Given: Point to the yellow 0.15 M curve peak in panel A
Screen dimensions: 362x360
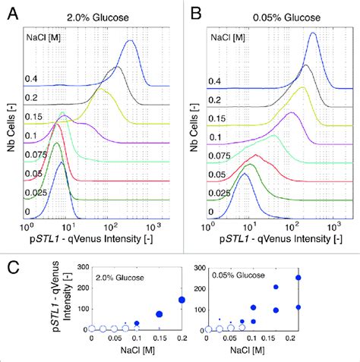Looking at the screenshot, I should click(x=100, y=90).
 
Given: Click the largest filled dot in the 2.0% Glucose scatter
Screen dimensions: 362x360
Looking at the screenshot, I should click(x=182, y=300).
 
